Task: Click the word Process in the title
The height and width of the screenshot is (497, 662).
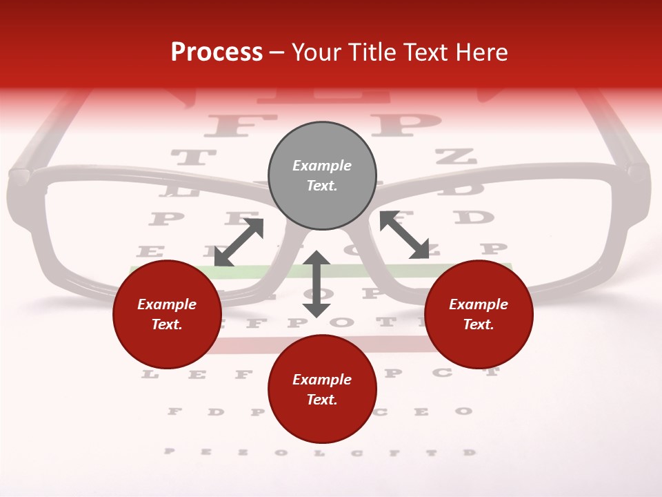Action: (x=217, y=52)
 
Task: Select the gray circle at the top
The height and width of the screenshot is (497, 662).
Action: (x=322, y=176)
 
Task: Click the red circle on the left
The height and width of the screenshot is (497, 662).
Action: (x=167, y=314)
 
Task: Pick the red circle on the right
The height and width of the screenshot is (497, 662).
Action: (x=479, y=314)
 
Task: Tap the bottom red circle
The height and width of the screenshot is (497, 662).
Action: (x=322, y=389)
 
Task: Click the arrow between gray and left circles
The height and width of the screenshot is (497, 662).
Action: (x=239, y=242)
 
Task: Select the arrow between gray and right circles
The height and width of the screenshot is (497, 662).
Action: (x=404, y=235)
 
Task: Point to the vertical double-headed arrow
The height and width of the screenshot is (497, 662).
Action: (x=317, y=284)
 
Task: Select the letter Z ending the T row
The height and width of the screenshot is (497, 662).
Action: (x=455, y=156)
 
